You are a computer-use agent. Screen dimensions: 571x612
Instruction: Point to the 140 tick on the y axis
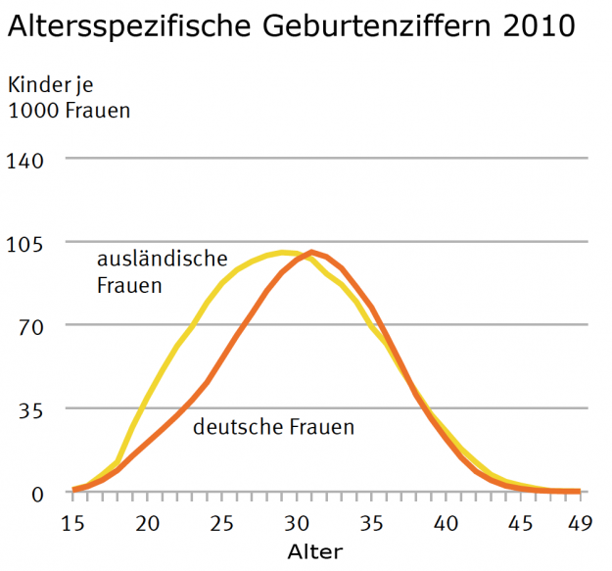pyautogui.click(x=26, y=159)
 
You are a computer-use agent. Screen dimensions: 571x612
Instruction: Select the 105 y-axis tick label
pyautogui.click(x=26, y=242)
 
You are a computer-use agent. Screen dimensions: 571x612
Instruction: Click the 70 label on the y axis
pyautogui.click(x=31, y=325)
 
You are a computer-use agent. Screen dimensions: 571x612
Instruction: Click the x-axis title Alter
pyautogui.click(x=315, y=551)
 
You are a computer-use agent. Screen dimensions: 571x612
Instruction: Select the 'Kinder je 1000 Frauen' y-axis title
pyautogui.click(x=69, y=97)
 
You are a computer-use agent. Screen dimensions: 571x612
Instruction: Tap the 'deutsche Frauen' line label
pyautogui.click(x=273, y=427)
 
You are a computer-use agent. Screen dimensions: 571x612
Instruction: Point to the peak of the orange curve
pyautogui.click(x=311, y=253)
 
